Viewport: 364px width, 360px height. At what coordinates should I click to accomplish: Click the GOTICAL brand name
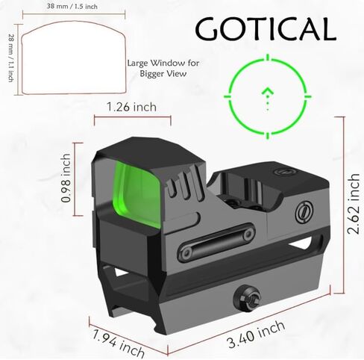click(x=266, y=28)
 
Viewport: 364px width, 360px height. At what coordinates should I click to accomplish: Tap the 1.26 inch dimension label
click(x=131, y=107)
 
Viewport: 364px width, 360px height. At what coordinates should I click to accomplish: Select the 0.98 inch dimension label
click(x=66, y=178)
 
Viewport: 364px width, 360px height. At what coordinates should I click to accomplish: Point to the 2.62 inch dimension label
click(x=354, y=203)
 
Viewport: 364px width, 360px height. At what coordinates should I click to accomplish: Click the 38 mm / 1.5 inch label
click(x=72, y=6)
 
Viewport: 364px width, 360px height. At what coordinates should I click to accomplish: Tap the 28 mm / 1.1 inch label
click(x=11, y=58)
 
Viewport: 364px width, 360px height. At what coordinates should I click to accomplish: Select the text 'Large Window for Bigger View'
click(x=163, y=68)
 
